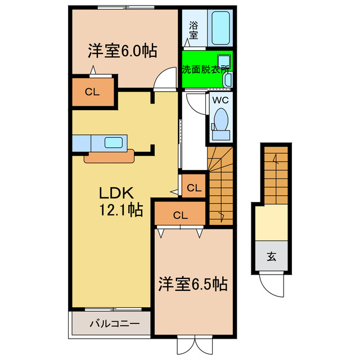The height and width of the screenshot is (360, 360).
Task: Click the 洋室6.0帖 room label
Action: (x=121, y=51)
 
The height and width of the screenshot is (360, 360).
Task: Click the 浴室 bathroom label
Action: (x=193, y=30)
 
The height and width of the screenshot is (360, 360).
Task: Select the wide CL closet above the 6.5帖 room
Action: (x=180, y=214)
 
